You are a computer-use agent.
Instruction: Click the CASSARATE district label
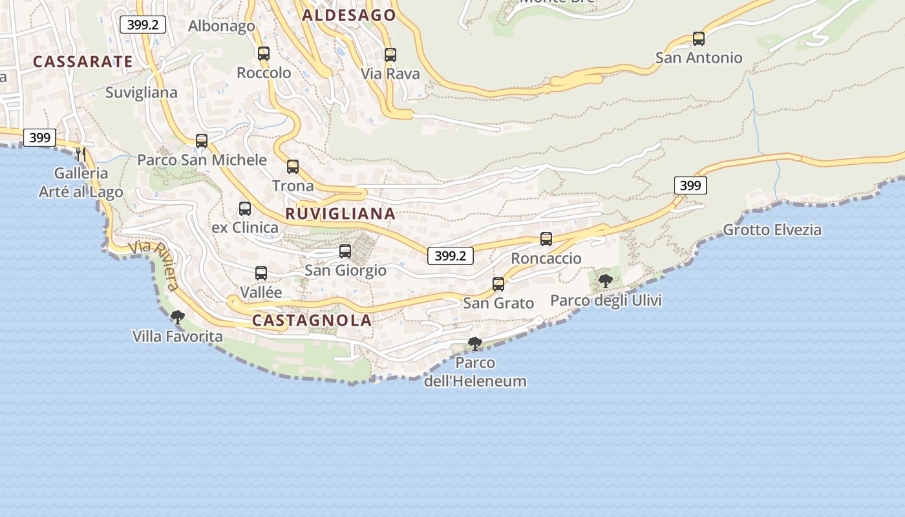83,62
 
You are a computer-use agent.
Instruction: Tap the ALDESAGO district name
349,16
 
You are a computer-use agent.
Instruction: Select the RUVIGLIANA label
340,214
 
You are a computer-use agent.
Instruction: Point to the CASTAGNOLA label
312,320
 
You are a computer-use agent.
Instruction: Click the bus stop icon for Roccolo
264,54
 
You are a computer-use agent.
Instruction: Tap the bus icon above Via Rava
390,55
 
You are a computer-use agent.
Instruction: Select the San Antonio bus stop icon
698,39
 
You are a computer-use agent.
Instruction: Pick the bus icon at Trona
293,167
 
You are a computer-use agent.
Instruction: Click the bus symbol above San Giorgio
345,251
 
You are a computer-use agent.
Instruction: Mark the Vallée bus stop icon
261,273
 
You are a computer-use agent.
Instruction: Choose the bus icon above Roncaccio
546,239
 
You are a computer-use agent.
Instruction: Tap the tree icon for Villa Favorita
177,317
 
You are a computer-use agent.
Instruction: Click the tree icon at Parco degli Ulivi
606,281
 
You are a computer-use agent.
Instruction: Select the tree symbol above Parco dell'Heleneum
475,343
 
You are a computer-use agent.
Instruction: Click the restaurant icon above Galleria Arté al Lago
81,154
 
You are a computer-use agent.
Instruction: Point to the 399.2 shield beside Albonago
143,25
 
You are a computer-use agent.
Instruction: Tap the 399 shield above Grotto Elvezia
690,185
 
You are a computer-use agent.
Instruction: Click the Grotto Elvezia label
772,229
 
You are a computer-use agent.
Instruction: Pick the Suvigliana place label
141,92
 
